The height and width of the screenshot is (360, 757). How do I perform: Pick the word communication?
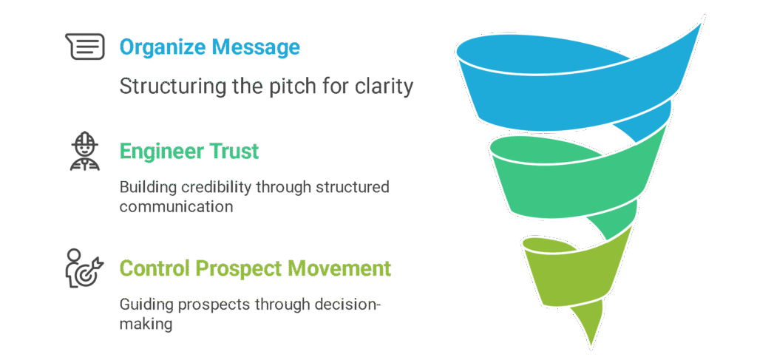[x=177, y=206]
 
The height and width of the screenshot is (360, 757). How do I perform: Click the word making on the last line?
[x=146, y=325]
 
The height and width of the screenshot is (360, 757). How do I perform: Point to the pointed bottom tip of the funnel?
[x=590, y=344]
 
